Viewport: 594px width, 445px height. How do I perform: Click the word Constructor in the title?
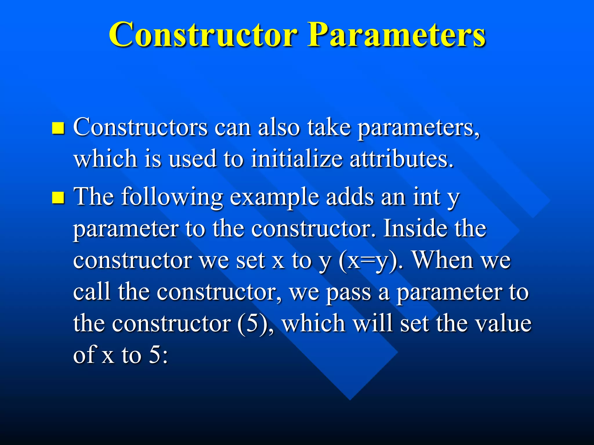point(203,35)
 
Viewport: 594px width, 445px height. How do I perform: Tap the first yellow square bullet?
point(58,128)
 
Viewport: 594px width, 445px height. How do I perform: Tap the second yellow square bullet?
point(58,198)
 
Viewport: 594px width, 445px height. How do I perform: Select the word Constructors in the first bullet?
point(140,127)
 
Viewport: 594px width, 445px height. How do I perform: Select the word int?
point(427,197)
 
